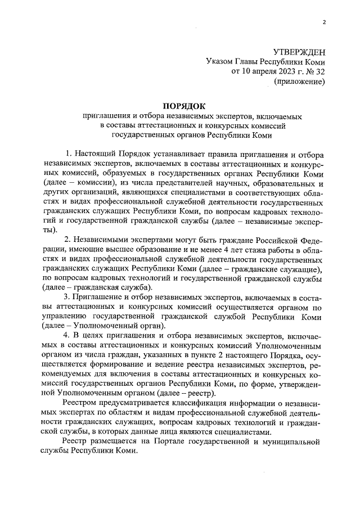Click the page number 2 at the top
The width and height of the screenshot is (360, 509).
coord(325,22)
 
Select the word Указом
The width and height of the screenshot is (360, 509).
coord(222,62)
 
